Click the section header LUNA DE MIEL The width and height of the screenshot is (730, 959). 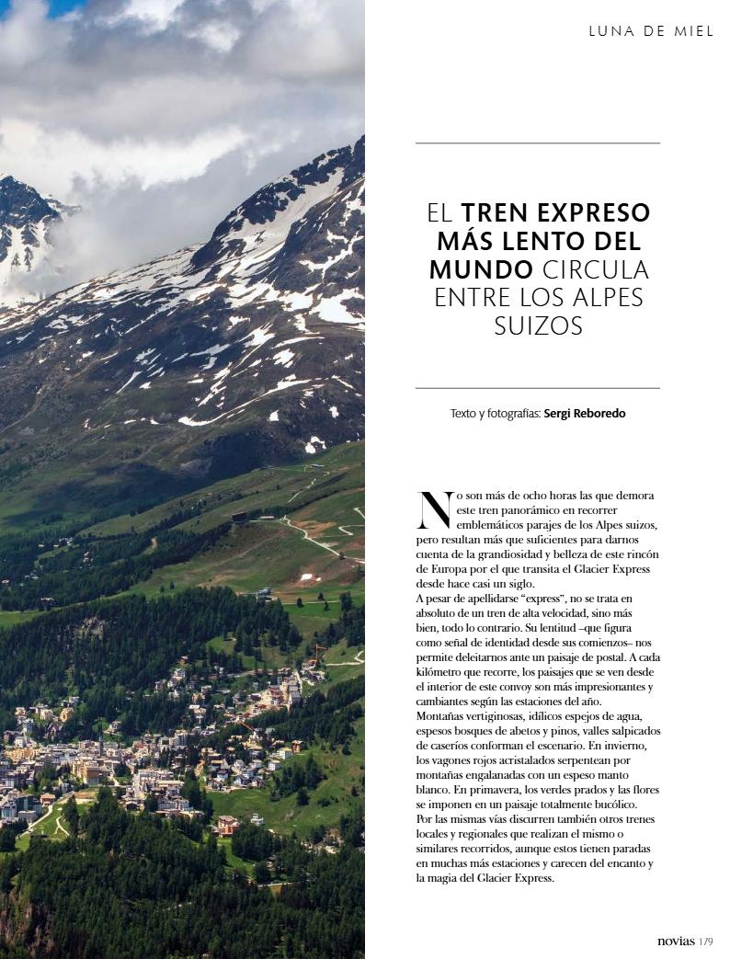point(651,31)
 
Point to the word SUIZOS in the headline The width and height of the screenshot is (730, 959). point(538,326)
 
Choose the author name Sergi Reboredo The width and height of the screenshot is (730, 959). point(585,414)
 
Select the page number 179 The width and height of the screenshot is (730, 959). point(706,942)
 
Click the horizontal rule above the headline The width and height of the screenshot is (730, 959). point(537,143)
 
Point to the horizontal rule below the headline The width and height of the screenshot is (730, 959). point(537,389)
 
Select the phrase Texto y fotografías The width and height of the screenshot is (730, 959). point(495,414)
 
